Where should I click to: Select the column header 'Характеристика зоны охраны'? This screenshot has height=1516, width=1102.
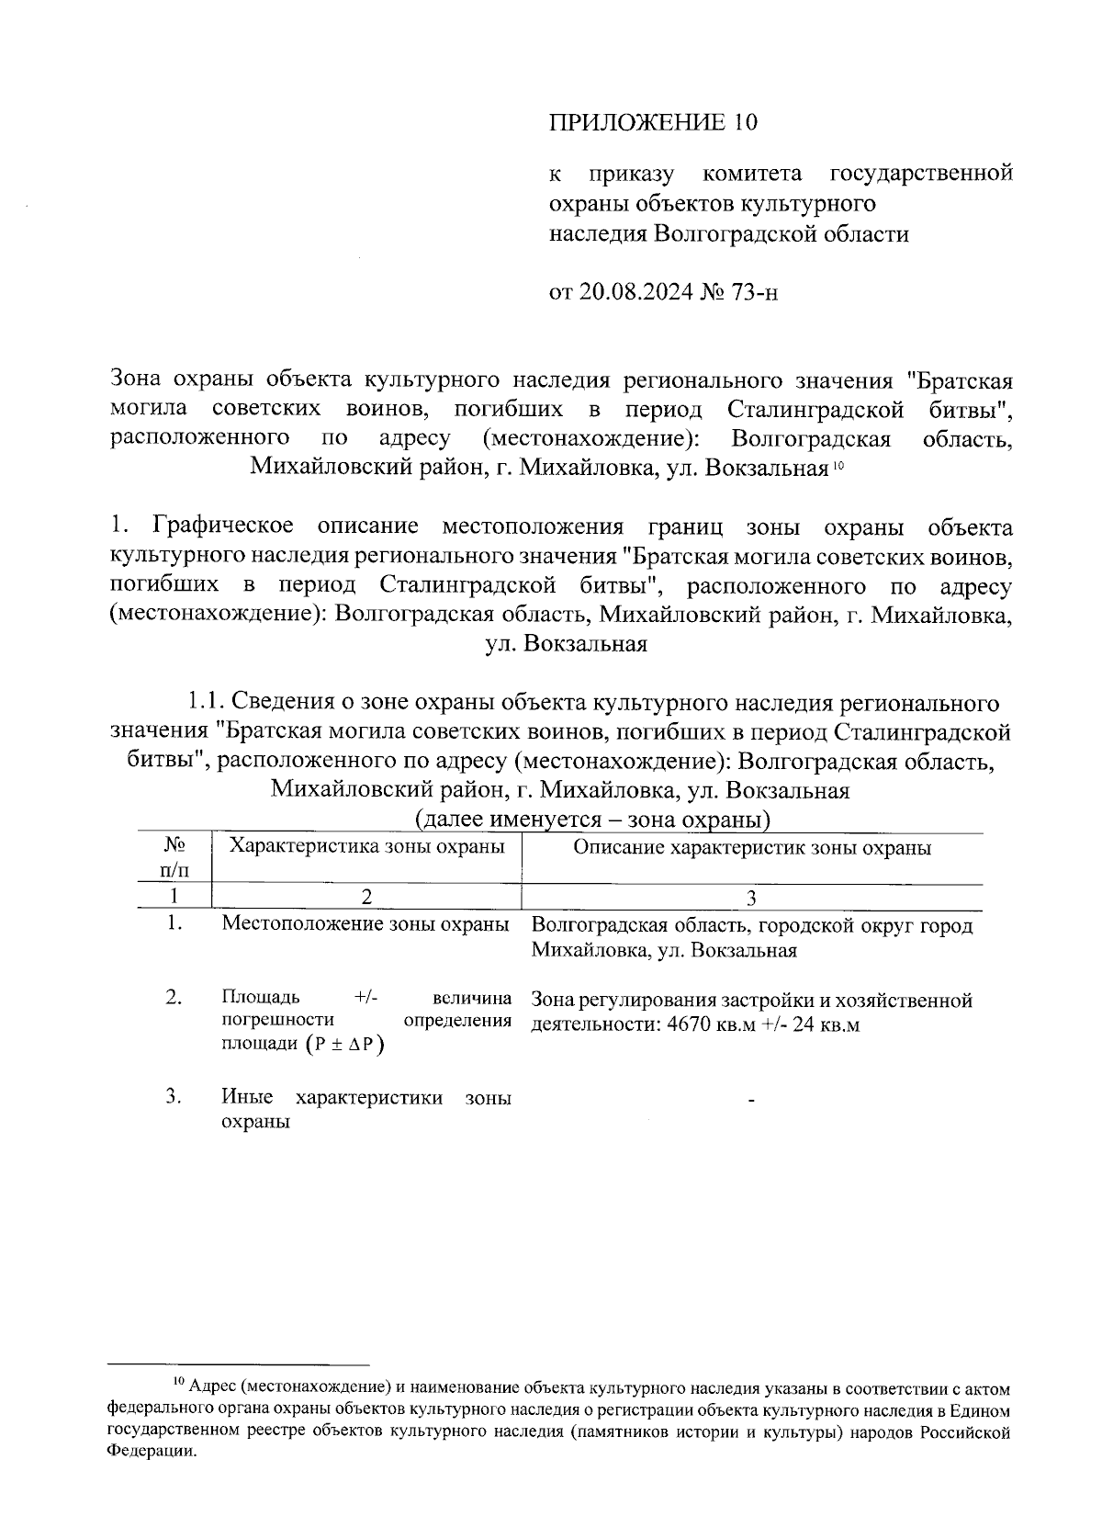(x=366, y=847)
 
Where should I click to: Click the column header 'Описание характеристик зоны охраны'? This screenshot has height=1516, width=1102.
(x=752, y=847)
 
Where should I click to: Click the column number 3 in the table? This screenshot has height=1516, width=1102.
(x=751, y=898)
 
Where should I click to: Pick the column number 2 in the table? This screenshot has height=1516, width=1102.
(x=366, y=898)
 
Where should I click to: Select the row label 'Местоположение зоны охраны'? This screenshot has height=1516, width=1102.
(x=365, y=924)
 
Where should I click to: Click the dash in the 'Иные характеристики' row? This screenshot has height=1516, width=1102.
(x=751, y=1100)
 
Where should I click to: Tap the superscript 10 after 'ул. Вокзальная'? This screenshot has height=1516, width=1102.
(x=838, y=466)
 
